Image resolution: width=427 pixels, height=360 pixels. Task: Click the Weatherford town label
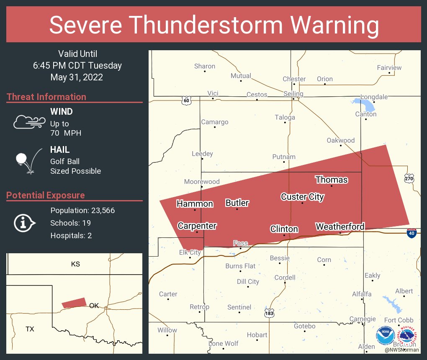[340, 226]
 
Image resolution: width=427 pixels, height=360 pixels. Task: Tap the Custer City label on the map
[302, 196]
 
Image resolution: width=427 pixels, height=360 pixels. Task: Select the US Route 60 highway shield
[186, 100]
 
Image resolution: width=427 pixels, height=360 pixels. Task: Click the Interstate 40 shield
[412, 233]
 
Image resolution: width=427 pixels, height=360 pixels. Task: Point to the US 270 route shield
[409, 179]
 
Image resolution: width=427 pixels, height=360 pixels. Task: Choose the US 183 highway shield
[270, 313]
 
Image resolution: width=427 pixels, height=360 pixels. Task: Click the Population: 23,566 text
[82, 210]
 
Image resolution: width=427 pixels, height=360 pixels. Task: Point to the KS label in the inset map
[75, 264]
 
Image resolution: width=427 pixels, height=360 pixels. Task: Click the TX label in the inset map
[29, 329]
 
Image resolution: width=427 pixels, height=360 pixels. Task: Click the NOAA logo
[385, 335]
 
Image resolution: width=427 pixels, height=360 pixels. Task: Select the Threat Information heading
[46, 97]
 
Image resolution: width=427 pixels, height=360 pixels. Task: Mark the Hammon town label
[195, 204]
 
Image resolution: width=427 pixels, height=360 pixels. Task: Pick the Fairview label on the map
[389, 67]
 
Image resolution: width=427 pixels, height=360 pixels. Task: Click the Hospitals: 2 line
[71, 235]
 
